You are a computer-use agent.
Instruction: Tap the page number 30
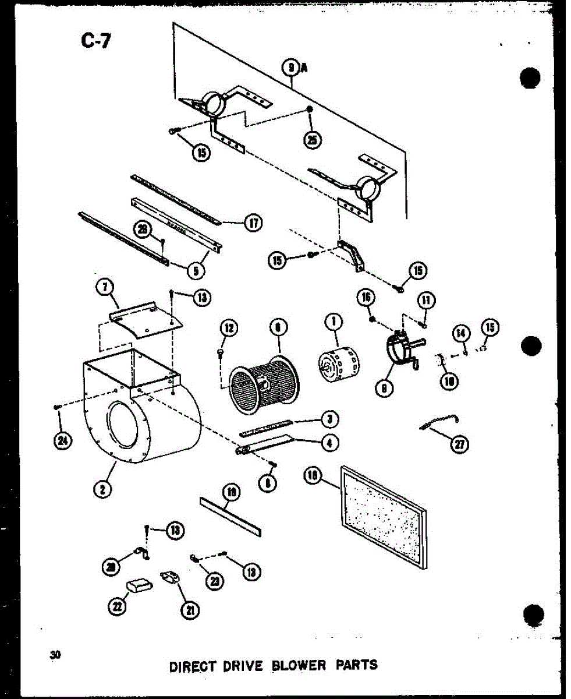56,654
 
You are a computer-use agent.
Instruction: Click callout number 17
253,223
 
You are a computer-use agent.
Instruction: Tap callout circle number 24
60,441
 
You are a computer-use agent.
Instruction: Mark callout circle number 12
228,329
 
